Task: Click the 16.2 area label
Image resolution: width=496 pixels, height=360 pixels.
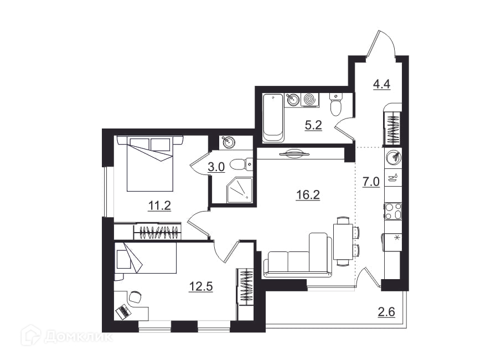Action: (x=308, y=194)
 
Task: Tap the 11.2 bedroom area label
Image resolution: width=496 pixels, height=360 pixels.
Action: (x=159, y=205)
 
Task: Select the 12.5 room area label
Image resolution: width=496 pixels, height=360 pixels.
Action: (x=201, y=286)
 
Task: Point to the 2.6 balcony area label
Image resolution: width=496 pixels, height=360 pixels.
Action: (x=386, y=312)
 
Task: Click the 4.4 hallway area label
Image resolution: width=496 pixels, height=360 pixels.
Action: (x=382, y=85)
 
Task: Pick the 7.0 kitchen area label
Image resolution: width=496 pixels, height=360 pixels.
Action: (x=371, y=182)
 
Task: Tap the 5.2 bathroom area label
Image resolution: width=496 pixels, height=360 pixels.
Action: (x=313, y=125)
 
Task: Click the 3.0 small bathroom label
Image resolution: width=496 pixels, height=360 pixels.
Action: (x=216, y=167)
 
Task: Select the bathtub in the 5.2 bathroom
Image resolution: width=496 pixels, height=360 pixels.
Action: (x=273, y=117)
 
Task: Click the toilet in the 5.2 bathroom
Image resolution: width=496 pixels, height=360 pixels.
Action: (x=335, y=104)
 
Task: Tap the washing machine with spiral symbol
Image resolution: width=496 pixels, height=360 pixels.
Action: (x=310, y=100)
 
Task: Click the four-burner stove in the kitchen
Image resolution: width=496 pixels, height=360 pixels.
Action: (x=393, y=212)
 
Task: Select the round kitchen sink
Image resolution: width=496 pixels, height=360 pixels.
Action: (x=394, y=157)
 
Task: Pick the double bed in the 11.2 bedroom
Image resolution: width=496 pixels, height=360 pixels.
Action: (x=150, y=163)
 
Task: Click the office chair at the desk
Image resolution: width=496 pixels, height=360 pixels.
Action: (x=135, y=296)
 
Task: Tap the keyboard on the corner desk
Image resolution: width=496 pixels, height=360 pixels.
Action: (x=123, y=311)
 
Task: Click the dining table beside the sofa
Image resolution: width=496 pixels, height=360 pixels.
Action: (x=343, y=241)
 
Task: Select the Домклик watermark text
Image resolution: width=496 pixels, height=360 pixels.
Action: (x=78, y=337)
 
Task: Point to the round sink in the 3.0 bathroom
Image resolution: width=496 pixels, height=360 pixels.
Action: (x=229, y=142)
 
